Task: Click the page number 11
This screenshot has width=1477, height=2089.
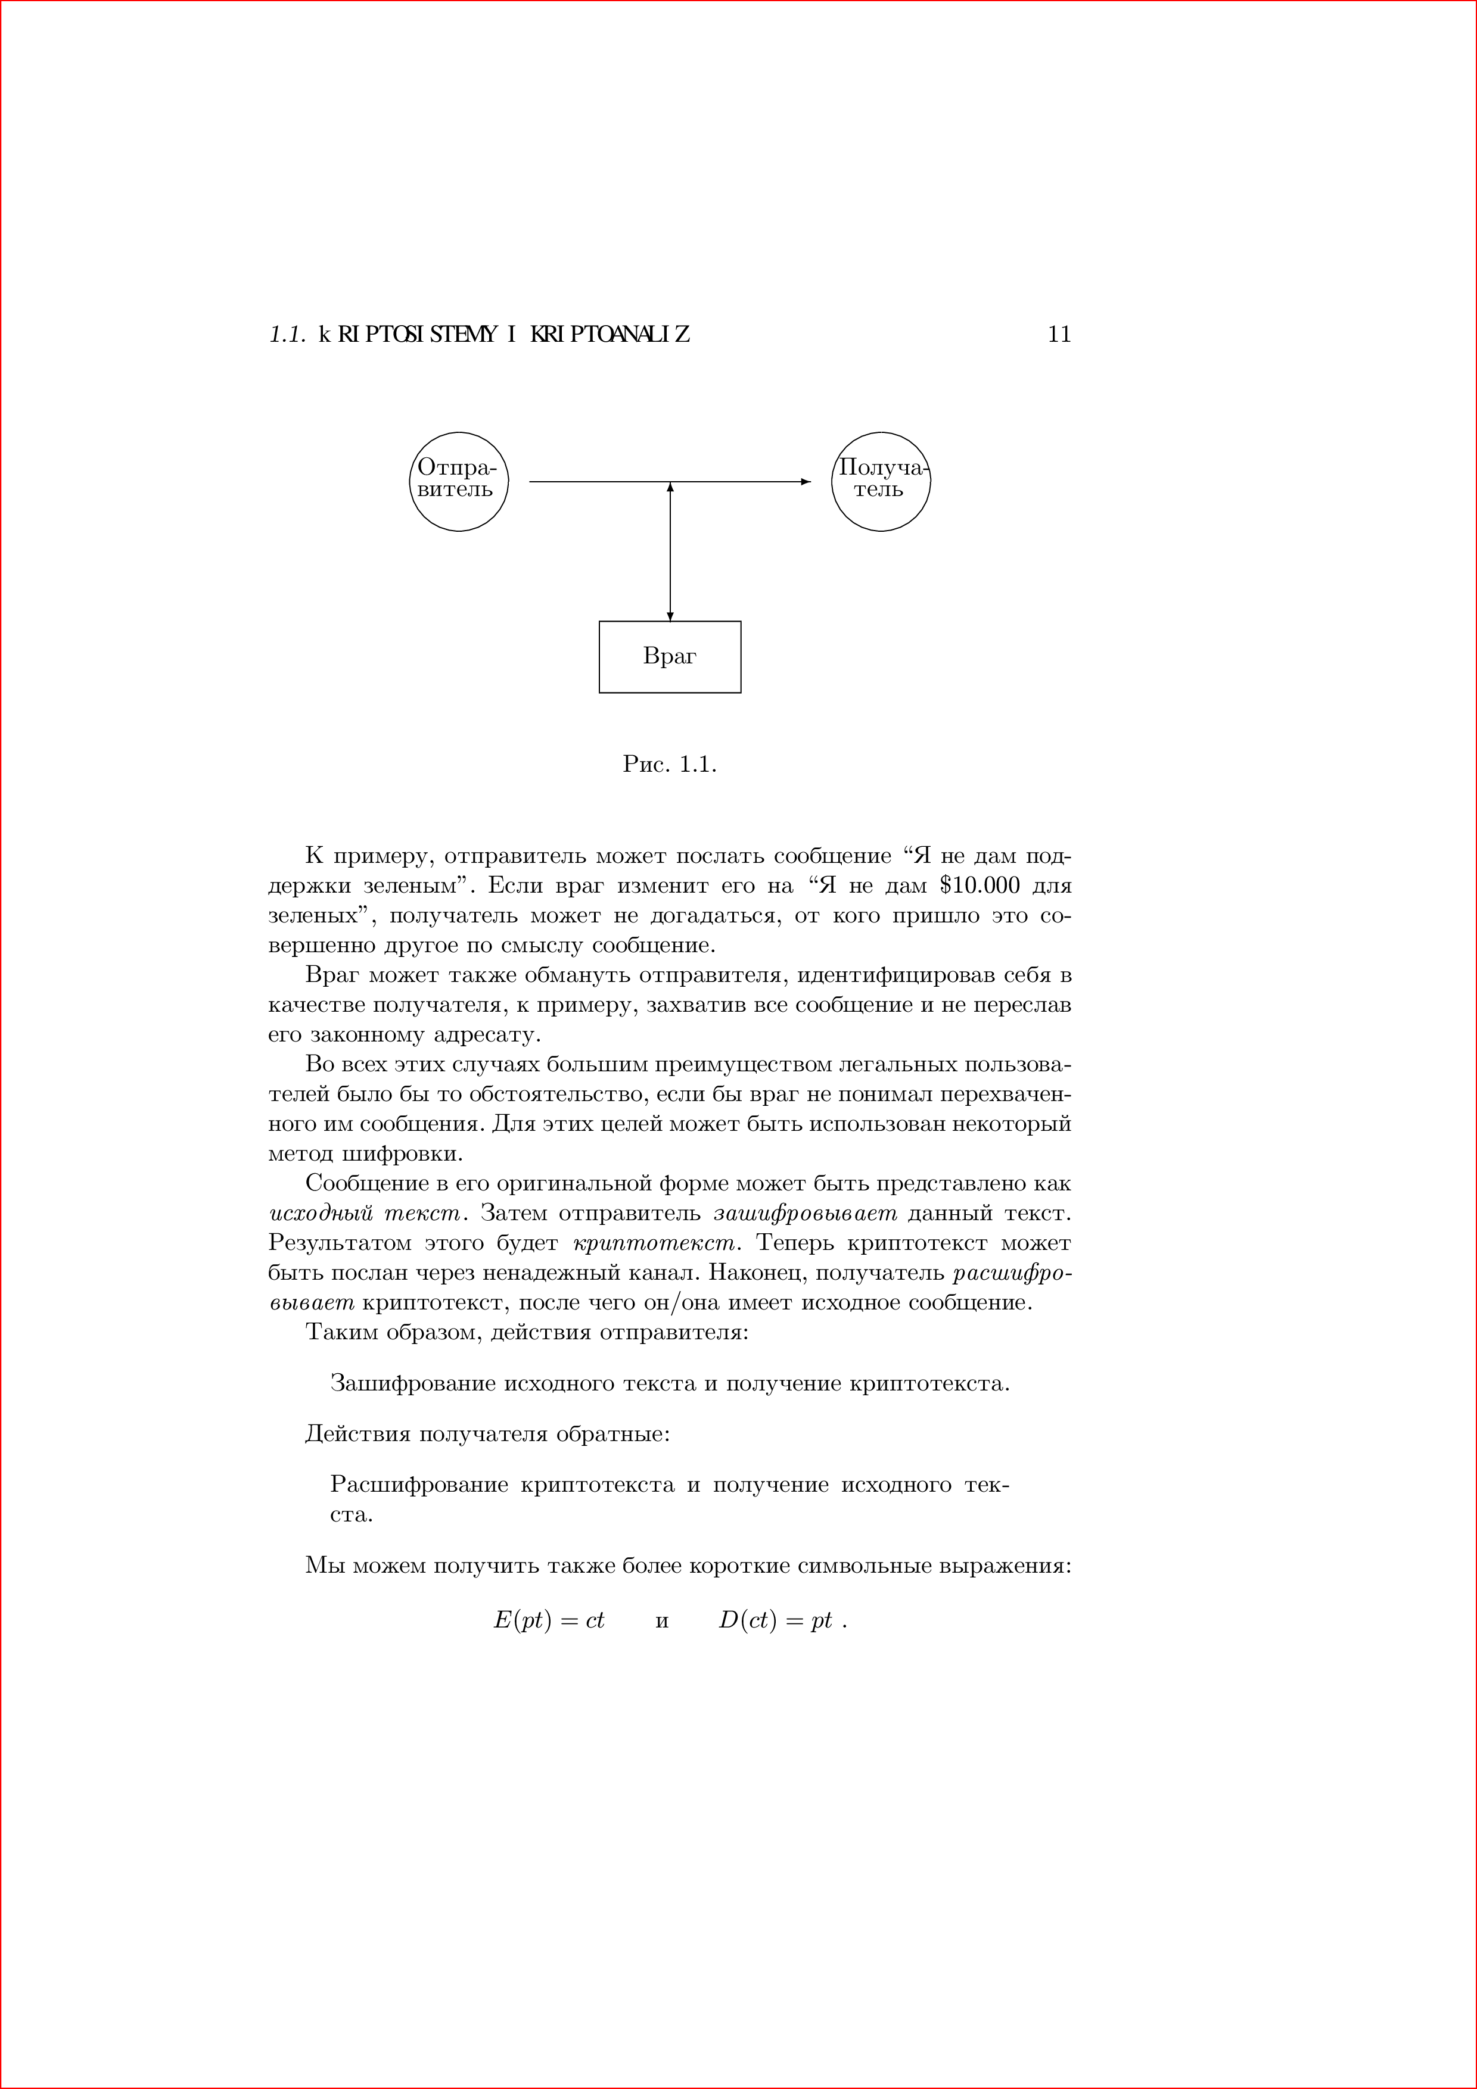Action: pyautogui.click(x=1059, y=335)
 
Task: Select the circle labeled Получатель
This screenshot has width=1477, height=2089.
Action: pyautogui.click(x=881, y=481)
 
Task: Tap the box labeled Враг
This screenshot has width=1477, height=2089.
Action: pyautogui.click(x=670, y=657)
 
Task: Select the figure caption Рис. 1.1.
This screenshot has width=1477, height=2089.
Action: pyautogui.click(x=670, y=765)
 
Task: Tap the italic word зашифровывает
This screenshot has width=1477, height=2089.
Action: pyautogui.click(x=806, y=1214)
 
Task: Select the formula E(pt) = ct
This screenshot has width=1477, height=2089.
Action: pyautogui.click(x=549, y=1620)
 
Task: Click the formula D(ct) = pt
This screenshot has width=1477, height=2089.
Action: pyautogui.click(x=775, y=1620)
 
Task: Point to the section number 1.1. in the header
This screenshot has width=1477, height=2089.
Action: pyautogui.click(x=287, y=335)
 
